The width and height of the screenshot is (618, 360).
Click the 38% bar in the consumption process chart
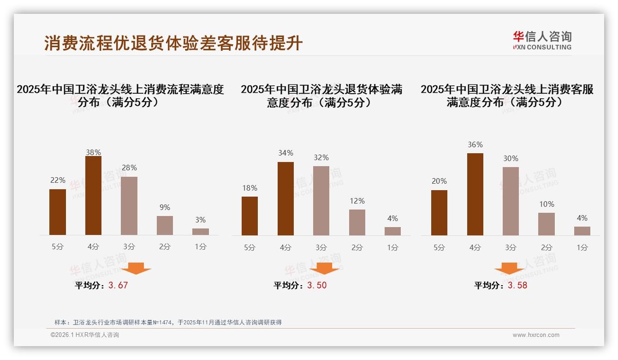click(93, 196)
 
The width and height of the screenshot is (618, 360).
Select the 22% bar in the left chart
click(58, 212)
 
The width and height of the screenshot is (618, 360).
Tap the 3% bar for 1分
click(201, 232)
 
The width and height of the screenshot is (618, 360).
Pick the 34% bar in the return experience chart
click(285, 198)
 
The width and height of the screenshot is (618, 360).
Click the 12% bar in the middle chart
click(357, 222)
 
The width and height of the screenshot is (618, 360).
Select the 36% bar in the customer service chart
click(475, 194)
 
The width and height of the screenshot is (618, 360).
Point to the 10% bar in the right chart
click(547, 224)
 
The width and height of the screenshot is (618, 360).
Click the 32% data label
click(321, 158)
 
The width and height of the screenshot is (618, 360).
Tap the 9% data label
click(165, 208)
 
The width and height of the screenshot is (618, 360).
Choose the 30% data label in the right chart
click(511, 158)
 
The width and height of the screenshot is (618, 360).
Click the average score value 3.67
click(118, 285)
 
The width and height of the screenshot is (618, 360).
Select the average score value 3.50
click(317, 285)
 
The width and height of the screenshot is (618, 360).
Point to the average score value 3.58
click(517, 285)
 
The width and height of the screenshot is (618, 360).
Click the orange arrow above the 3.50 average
click(324, 268)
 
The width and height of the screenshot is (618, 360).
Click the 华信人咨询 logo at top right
click(542, 40)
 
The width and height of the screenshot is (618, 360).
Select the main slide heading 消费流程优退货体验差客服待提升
click(173, 43)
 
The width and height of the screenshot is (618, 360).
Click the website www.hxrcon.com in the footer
click(536, 335)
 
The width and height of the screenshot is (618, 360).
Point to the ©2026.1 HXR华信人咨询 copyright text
click(85, 335)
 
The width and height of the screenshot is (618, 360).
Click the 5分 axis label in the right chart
click(439, 247)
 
